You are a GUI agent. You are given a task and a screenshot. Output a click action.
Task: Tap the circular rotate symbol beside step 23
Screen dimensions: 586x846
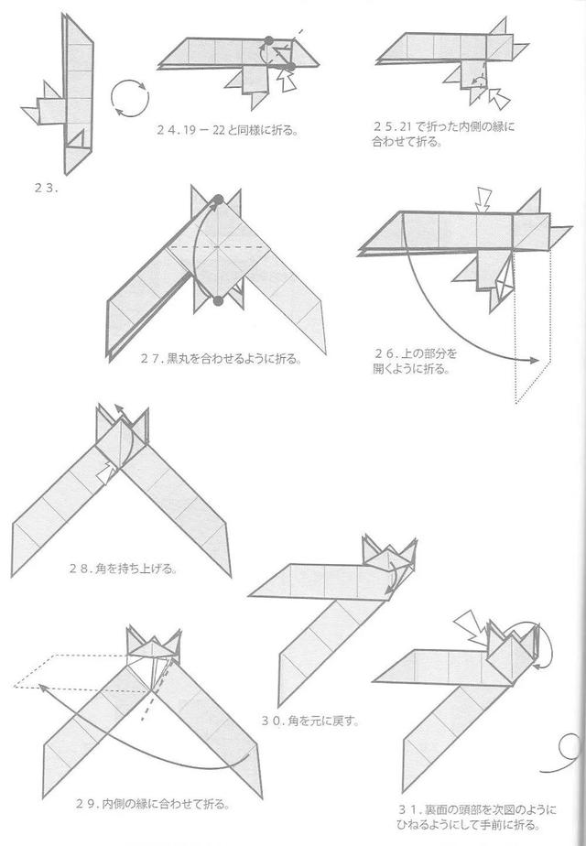128,96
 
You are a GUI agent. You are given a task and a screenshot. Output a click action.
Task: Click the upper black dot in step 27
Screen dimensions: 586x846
220,200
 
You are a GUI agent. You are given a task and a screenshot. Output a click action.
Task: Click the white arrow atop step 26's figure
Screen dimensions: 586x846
483,197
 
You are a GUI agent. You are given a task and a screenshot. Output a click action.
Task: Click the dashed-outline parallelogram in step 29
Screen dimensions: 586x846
82,671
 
